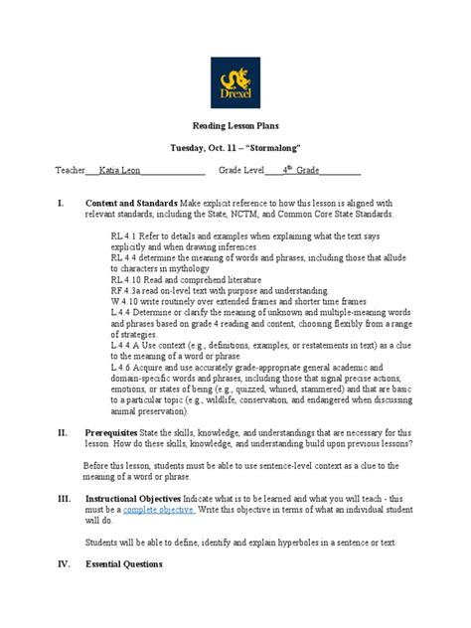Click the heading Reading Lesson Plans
[235, 127]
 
